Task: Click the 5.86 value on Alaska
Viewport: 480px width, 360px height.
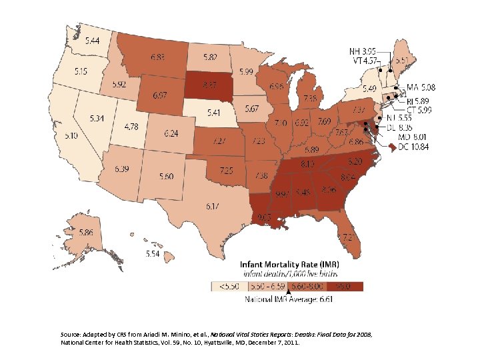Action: pos(86,233)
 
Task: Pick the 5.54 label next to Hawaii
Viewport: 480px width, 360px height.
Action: pos(153,254)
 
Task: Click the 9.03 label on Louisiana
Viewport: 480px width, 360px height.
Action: pos(263,215)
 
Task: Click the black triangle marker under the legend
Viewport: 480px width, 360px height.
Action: pos(288,292)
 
